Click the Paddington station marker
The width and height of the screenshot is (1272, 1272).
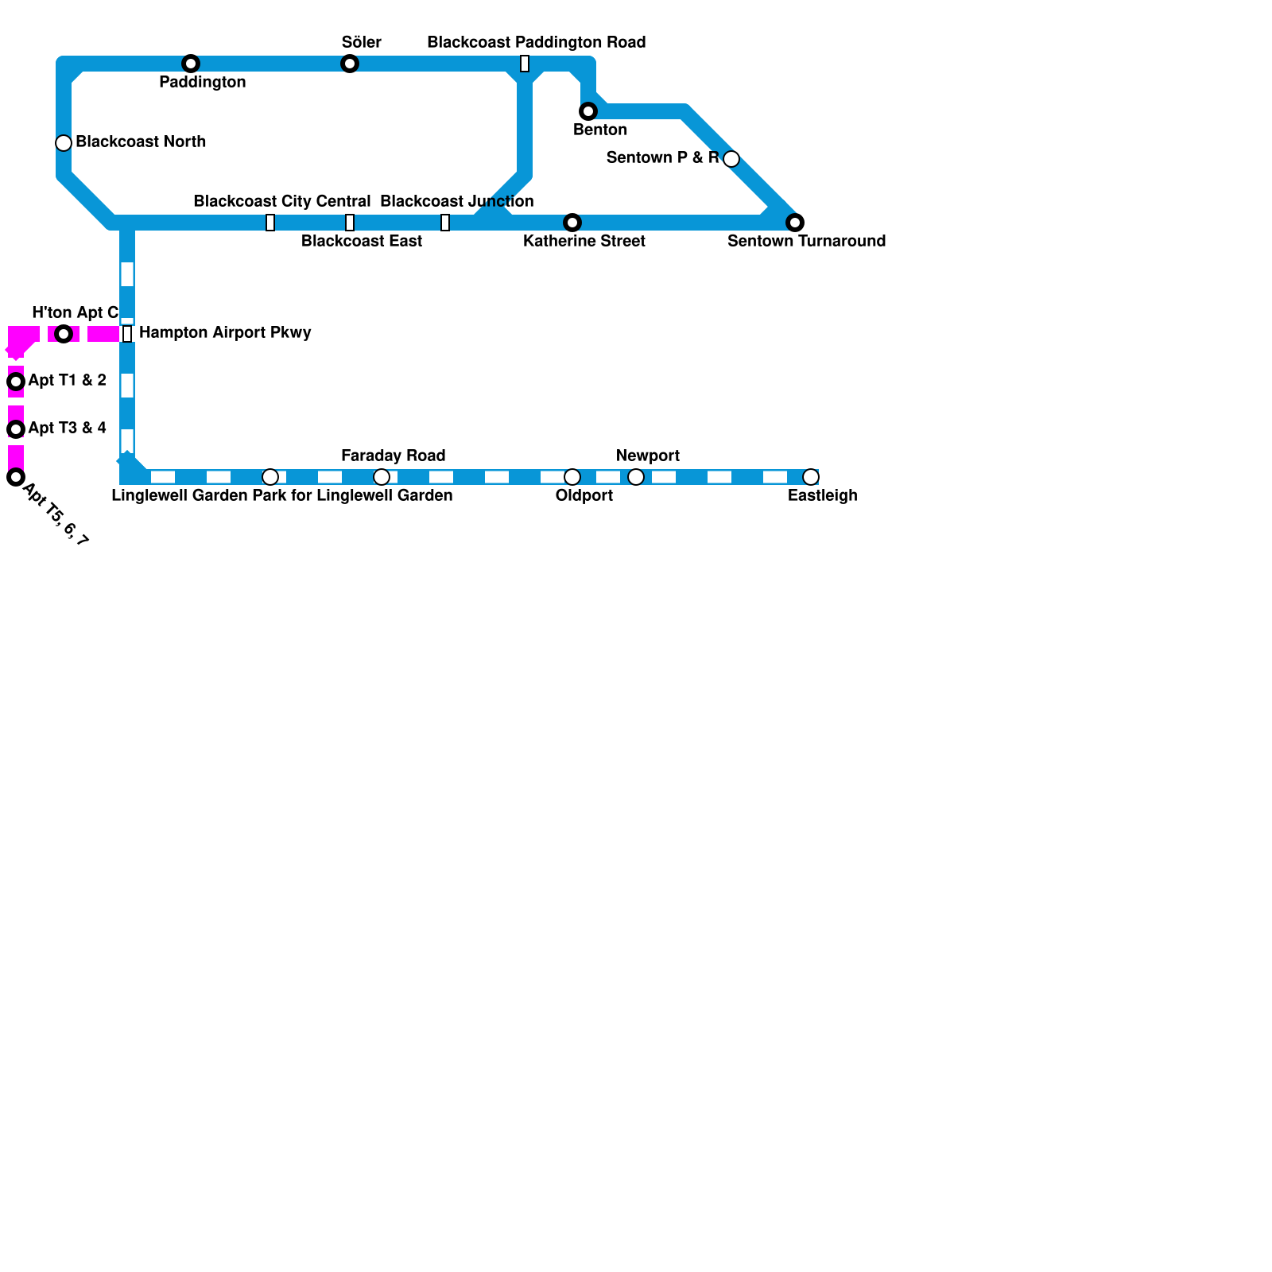pyautogui.click(x=191, y=64)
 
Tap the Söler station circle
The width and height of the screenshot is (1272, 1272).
pyautogui.click(x=350, y=64)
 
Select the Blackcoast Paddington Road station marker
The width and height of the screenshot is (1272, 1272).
pyautogui.click(x=525, y=64)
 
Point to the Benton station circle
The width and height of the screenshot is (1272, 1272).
pyautogui.click(x=588, y=111)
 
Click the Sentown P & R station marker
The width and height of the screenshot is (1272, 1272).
pyautogui.click(x=731, y=159)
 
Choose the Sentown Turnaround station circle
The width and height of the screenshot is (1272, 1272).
pyautogui.click(x=795, y=223)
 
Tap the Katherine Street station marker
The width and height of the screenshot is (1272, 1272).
pyautogui.click(x=572, y=223)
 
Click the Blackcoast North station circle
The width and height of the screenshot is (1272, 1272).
pyautogui.click(x=64, y=143)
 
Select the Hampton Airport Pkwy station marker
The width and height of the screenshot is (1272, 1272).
pyautogui.click(x=127, y=334)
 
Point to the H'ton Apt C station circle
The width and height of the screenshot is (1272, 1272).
pyautogui.click(x=64, y=334)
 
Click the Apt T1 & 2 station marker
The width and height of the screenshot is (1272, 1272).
pyautogui.click(x=16, y=382)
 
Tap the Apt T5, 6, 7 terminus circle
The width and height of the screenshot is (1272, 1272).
pyautogui.click(x=16, y=477)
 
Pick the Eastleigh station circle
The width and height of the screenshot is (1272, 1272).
pyautogui.click(x=811, y=477)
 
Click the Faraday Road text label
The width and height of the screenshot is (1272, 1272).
pyautogui.click(x=393, y=456)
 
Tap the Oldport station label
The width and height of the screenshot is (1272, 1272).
pyautogui.click(x=584, y=495)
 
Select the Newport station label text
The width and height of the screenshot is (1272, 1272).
pyautogui.click(x=647, y=456)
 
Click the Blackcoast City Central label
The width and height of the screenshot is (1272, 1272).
pyautogui.click(x=281, y=201)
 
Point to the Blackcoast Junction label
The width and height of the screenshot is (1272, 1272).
pyautogui.click(x=456, y=201)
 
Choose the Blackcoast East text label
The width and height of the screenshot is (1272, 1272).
pyautogui.click(x=361, y=241)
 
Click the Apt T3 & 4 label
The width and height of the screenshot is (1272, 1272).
pyautogui.click(x=67, y=428)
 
